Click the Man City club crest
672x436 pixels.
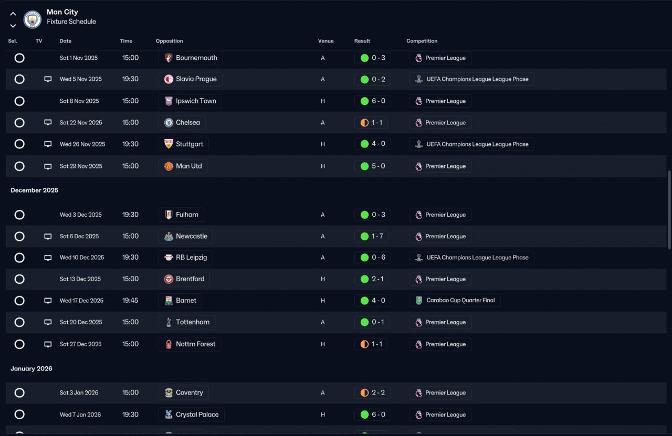[x=33, y=19]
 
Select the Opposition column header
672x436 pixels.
[x=169, y=41]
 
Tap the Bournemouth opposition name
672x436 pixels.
[x=196, y=58]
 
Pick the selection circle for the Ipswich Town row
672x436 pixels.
[x=19, y=101]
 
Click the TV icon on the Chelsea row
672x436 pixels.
[x=48, y=122]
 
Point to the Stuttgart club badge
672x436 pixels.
[x=169, y=144]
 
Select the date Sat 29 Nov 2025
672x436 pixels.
[x=81, y=166]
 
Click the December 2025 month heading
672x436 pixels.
[x=35, y=190]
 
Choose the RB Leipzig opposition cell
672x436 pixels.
[x=185, y=258]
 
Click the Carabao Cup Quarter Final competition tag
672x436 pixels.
[x=455, y=301]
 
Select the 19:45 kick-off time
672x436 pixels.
[x=130, y=301]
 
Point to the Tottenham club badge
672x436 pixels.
[x=169, y=322]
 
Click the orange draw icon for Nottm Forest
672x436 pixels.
[x=364, y=344]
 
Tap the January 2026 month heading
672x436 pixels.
[x=31, y=368]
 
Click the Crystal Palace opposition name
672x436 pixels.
[x=197, y=414]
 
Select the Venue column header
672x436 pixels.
[x=326, y=41]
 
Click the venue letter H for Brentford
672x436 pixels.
[x=323, y=279]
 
